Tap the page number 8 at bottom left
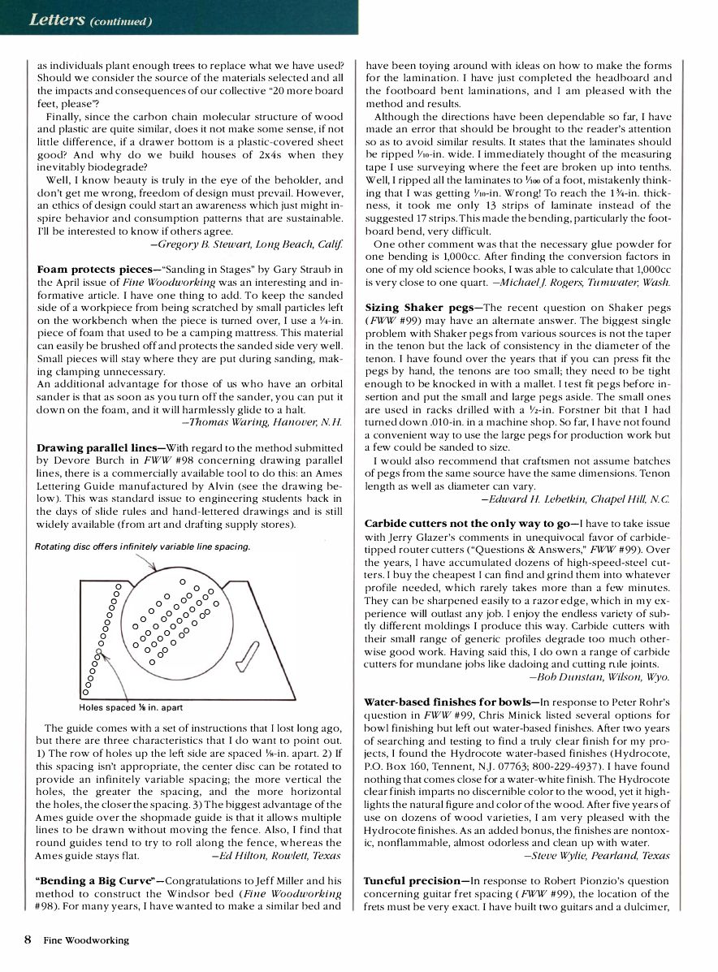[28, 940]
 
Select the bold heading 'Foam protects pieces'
[88, 268]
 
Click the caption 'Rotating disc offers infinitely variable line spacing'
[142, 546]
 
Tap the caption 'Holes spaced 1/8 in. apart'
[131, 707]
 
